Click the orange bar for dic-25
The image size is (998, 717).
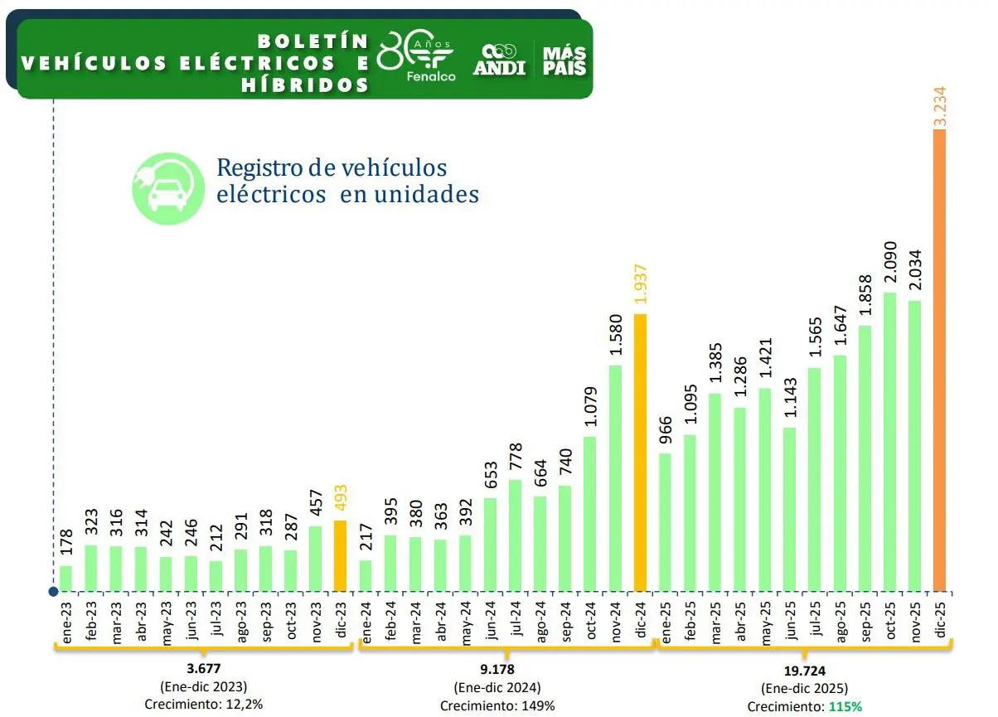tap(939, 361)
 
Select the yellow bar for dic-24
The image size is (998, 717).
tap(640, 453)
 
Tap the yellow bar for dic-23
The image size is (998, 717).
tap(341, 556)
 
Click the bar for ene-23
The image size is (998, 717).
tap(66, 579)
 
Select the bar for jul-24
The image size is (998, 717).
tap(516, 535)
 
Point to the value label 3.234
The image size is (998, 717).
tap(940, 105)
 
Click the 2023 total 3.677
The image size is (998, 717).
tap(203, 669)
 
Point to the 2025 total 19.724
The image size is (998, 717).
tap(802, 671)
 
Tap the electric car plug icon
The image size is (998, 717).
tap(167, 188)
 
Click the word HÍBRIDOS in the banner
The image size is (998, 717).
tap(305, 85)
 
